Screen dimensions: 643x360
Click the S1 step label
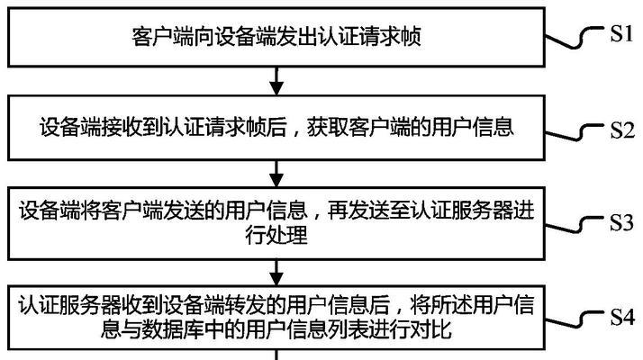[621, 33]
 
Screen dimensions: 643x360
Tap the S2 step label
[622, 130]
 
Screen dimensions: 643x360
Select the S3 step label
[621, 222]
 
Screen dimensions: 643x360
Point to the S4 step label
[622, 317]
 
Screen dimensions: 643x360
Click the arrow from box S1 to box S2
[276, 81]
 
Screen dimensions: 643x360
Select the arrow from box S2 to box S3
[276, 174]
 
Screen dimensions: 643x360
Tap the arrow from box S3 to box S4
[276, 273]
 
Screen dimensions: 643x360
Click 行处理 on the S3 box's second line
[276, 236]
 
